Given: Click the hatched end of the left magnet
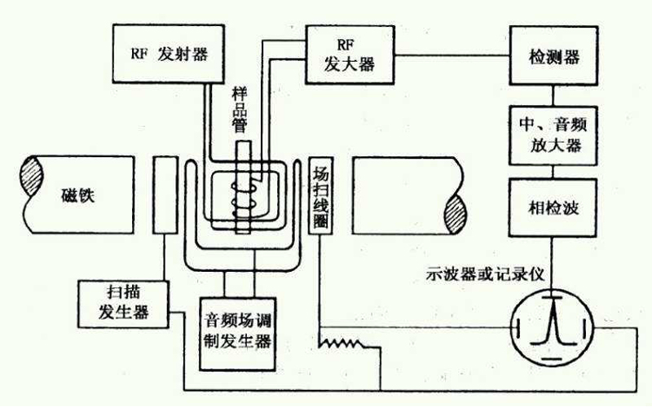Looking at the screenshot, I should tap(35, 176).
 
